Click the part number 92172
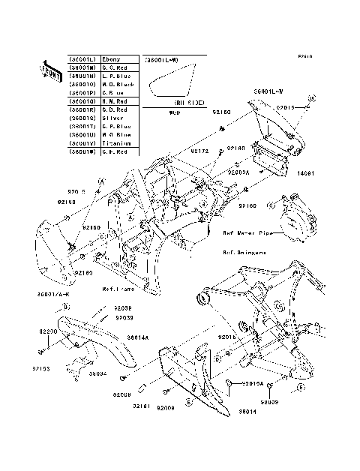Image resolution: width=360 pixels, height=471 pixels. [199, 151]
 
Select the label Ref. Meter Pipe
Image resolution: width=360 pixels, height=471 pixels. [246, 232]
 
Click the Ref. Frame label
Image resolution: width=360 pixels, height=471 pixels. [119, 288]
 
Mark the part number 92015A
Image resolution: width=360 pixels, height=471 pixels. [251, 382]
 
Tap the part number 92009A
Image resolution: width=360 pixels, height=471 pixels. [238, 172]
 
